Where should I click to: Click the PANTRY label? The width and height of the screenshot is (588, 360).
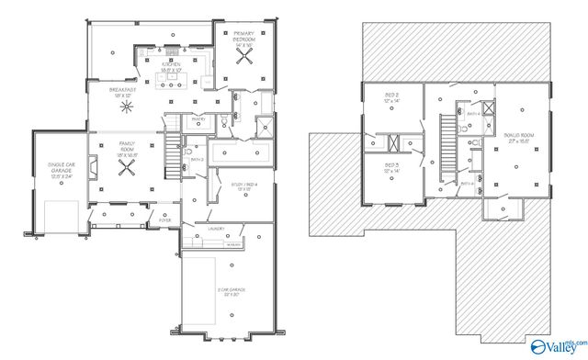tap(197, 118)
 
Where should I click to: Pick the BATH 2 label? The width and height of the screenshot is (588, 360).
tap(196, 158)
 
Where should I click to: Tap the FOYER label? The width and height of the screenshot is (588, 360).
tap(165, 220)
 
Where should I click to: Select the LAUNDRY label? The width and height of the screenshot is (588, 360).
tap(217, 229)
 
